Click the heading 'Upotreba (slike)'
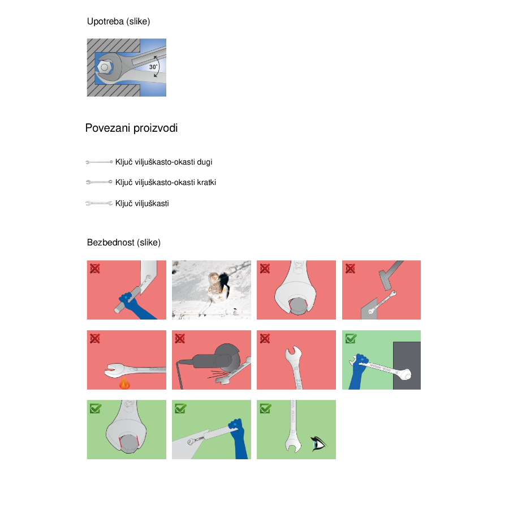tap(119, 21)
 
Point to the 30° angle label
tap(153, 67)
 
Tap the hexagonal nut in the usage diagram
tap(104, 67)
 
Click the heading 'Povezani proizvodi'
tap(131, 128)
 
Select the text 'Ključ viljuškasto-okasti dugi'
tap(163, 162)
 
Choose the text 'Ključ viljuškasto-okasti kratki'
tap(166, 183)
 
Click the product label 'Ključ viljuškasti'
tap(142, 204)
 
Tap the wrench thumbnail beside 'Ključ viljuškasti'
tap(99, 204)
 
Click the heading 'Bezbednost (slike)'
tap(124, 243)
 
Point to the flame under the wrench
tap(124, 383)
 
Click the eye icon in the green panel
tap(319, 443)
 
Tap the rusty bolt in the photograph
tap(214, 282)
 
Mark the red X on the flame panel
tap(95, 338)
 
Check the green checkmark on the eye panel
tap(266, 408)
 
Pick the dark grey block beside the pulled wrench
tap(407, 365)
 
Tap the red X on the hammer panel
tap(350, 269)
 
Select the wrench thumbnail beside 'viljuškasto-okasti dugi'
tap(99, 162)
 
